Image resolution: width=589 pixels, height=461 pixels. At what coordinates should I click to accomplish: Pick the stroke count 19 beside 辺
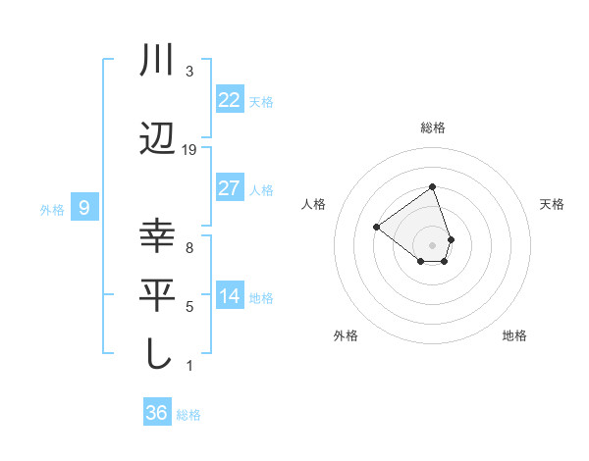point(189,149)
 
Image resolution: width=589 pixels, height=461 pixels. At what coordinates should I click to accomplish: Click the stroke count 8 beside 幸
point(188,248)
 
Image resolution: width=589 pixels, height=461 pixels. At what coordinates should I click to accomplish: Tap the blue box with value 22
point(229,99)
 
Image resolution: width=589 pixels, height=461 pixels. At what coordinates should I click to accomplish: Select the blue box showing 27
point(229,187)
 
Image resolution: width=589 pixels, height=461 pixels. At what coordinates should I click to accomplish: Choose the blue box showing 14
point(229,296)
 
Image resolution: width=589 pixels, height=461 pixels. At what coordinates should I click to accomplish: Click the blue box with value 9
point(84,207)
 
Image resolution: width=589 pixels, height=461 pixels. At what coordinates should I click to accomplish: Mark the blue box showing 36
point(156,413)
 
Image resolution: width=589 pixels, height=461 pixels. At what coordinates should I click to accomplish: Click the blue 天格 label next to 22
point(261,101)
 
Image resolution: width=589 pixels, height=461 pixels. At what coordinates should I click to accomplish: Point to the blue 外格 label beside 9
point(52,209)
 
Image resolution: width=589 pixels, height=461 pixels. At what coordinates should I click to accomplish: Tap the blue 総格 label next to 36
point(188,415)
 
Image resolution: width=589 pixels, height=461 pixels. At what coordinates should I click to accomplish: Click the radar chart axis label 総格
point(432,128)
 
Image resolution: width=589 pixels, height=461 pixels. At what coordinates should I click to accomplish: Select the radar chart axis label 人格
point(314,204)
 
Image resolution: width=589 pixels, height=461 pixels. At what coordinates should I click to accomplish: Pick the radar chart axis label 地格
point(514,335)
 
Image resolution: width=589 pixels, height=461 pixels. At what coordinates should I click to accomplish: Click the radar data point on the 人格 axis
point(377,227)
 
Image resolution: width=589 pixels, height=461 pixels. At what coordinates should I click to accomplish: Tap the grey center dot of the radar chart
point(432,244)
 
